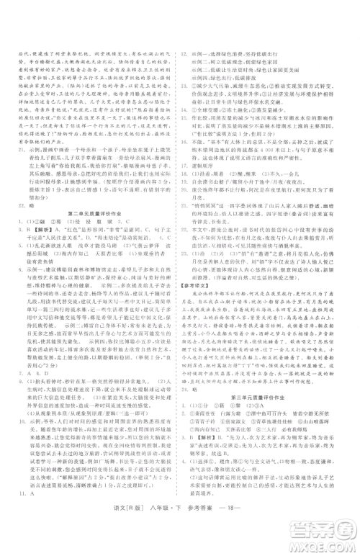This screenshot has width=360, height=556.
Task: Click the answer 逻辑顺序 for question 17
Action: (x=208, y=163)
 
